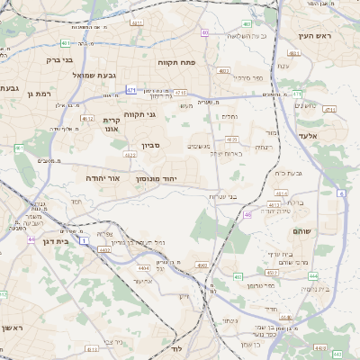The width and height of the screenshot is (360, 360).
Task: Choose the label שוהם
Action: click(x=301, y=231)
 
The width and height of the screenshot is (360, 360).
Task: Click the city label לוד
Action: click(x=176, y=347)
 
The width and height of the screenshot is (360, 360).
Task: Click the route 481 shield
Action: click(x=67, y=42)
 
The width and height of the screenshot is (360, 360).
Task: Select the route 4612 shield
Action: click(x=87, y=118)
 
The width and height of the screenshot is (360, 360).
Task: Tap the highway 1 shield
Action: click(x=84, y=240)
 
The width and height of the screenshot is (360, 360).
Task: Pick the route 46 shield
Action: click(x=247, y=214)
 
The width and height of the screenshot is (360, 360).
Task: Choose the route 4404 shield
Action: click(x=143, y=268)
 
